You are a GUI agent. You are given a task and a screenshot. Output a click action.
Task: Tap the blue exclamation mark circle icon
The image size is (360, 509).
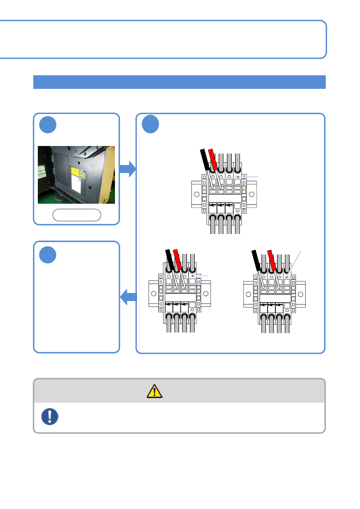pyautogui.click(x=50, y=417)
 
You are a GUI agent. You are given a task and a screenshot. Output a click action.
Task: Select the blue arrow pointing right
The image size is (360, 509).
pyautogui.click(x=128, y=169)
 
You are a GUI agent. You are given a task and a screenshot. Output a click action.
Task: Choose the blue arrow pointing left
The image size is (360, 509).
pyautogui.click(x=129, y=297)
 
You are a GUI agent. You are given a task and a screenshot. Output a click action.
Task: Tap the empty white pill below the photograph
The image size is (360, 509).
pyautogui.click(x=77, y=215)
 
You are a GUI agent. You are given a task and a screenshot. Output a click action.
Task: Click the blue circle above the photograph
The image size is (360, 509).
pyautogui.click(x=48, y=125)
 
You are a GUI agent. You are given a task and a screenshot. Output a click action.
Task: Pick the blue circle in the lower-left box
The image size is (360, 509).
pyautogui.click(x=48, y=255)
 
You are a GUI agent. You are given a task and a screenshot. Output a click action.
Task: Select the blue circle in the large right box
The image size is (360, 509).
pyautogui.click(x=150, y=124)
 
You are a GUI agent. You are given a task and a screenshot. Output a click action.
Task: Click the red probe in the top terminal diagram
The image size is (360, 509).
pyautogui.click(x=213, y=159)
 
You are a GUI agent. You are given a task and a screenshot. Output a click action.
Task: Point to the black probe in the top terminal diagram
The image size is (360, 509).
pyautogui.click(x=205, y=159)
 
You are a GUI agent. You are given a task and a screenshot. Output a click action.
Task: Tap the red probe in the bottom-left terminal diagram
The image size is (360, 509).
pyautogui.click(x=177, y=259)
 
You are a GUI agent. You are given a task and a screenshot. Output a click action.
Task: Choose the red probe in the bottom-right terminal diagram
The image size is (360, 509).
pyautogui.click(x=272, y=260)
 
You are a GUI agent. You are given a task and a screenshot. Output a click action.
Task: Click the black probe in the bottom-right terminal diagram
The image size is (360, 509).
pyautogui.click(x=256, y=260)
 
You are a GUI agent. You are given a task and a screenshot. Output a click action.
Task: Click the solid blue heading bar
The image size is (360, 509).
pyautogui.click(x=179, y=82)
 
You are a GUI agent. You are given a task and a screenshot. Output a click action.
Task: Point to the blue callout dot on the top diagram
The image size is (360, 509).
pyautogui.click(x=238, y=177)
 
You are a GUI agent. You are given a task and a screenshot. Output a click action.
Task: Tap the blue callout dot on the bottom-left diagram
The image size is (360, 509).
pyautogui.click(x=192, y=276)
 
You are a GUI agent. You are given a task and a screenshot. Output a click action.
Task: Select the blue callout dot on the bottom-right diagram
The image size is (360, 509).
pyautogui.click(x=286, y=277)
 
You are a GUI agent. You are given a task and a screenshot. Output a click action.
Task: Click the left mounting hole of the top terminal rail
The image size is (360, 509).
pyautogui.click(x=197, y=194)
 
